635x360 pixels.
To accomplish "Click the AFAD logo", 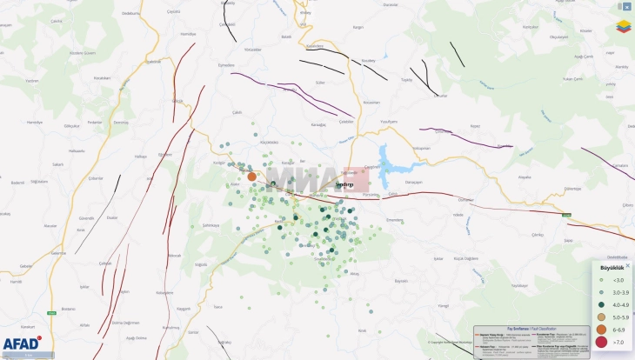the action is (21, 343).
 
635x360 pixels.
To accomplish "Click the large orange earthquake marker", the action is (251, 177).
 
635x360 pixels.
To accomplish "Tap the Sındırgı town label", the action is (344, 184).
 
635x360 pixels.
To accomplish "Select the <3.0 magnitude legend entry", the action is (613, 280).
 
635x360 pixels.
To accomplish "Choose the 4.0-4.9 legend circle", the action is (601, 305).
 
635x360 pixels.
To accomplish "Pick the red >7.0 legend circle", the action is (601, 343).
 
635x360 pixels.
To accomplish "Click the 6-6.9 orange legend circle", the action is (601, 330).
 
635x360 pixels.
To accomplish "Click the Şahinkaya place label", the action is (211, 224).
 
